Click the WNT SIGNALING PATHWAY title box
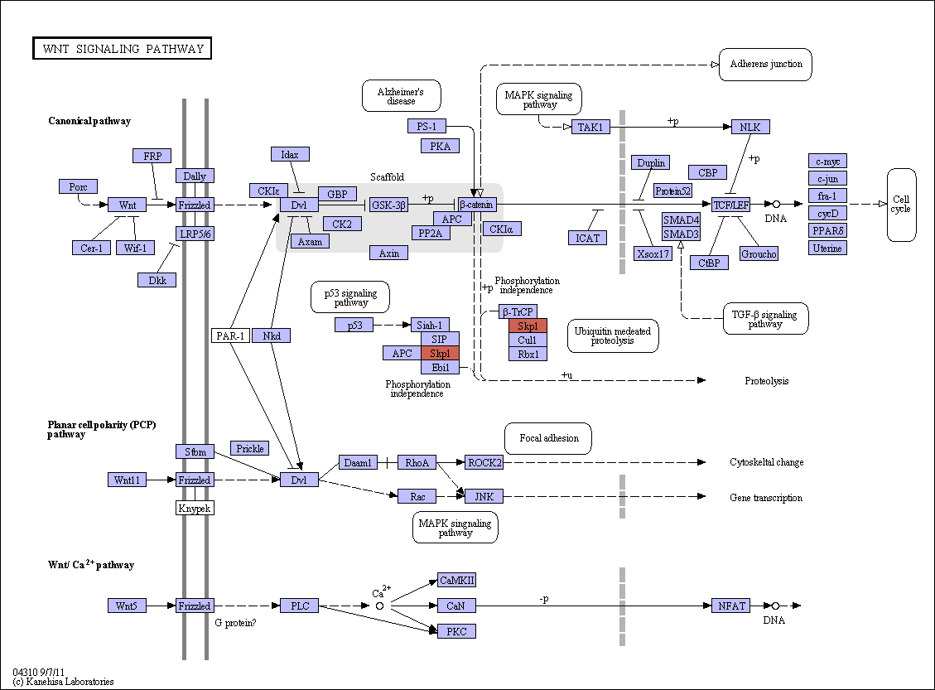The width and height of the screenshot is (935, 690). tap(123, 48)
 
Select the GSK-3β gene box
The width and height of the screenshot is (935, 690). tap(388, 205)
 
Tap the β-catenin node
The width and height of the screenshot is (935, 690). tap(477, 205)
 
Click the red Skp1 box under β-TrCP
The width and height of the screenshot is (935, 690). tap(528, 326)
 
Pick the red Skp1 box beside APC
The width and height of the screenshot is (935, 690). tap(440, 353)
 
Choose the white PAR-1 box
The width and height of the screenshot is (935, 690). tap(230, 335)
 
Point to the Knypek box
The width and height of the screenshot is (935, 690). tap(195, 508)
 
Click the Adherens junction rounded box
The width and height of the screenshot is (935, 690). tap(766, 65)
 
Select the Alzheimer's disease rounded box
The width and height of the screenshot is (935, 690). tap(402, 96)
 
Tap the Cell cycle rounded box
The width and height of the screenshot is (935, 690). tap(901, 205)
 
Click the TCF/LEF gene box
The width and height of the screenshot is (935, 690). tap(731, 205)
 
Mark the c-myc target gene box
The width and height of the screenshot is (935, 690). tap(827, 161)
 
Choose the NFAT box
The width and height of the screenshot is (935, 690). tap(731, 606)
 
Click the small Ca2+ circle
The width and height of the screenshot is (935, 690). tap(379, 606)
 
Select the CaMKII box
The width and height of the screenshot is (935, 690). tap(457, 580)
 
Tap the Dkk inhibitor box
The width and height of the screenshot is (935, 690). tap(157, 280)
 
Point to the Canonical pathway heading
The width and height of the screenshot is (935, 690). tap(89, 121)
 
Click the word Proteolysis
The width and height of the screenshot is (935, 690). tap(766, 381)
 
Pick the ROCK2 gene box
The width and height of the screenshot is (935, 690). tap(484, 462)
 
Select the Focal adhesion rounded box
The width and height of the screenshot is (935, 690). tap(548, 439)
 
